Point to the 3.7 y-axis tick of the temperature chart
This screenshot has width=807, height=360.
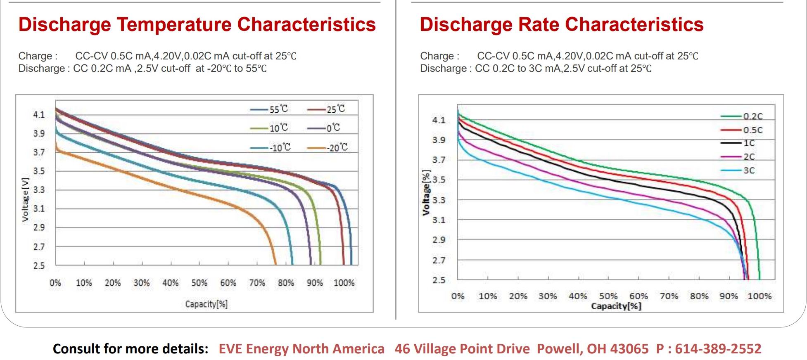(x=39, y=152)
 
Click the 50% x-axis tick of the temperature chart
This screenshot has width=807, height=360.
(x=199, y=283)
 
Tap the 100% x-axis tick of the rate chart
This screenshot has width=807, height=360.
(x=760, y=296)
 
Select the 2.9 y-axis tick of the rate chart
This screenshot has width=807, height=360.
(x=439, y=240)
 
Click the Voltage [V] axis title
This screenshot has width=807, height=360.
(x=26, y=200)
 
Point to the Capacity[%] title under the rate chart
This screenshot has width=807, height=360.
(x=616, y=306)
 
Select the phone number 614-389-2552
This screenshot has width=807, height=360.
(x=718, y=349)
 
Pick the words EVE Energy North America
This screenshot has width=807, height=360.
(x=301, y=349)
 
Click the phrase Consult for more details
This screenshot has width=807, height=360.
(x=131, y=349)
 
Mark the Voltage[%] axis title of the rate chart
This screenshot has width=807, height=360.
(x=426, y=193)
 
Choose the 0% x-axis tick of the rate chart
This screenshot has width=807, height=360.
(x=458, y=296)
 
